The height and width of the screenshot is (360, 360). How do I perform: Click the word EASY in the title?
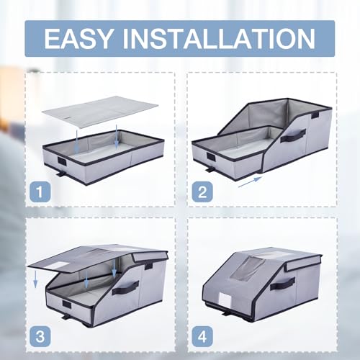(78, 39)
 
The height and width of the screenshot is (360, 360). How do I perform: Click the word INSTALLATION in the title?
(219, 39)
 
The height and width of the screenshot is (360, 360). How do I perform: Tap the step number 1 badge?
(40, 192)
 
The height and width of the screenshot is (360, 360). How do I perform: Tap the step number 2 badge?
(202, 192)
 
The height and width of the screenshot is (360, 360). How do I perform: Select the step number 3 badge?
(40, 336)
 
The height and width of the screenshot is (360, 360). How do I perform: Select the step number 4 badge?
(202, 336)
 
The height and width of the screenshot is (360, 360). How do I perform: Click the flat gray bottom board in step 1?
(100, 112)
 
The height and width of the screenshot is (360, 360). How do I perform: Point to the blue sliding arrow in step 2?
(250, 181)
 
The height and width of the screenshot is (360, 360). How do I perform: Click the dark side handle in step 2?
(294, 135)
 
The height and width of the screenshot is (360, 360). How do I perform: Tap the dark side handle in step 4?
(283, 284)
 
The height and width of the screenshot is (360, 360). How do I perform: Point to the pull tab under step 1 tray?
(60, 173)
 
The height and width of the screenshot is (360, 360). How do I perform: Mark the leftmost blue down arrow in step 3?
(35, 279)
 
